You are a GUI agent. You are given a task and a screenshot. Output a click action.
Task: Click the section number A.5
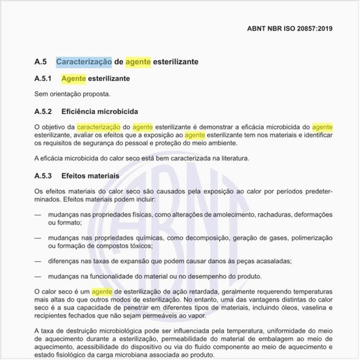(41, 62)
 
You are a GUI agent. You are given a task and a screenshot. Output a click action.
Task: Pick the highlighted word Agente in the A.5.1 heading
(74, 79)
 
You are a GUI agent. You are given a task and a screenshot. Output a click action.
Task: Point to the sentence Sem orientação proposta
(72, 94)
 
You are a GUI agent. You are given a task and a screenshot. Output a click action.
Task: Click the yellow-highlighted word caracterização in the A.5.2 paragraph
(98, 126)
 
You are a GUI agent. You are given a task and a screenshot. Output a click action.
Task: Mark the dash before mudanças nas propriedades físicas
(38, 215)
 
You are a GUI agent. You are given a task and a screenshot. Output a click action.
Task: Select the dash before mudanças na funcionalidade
(38, 277)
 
